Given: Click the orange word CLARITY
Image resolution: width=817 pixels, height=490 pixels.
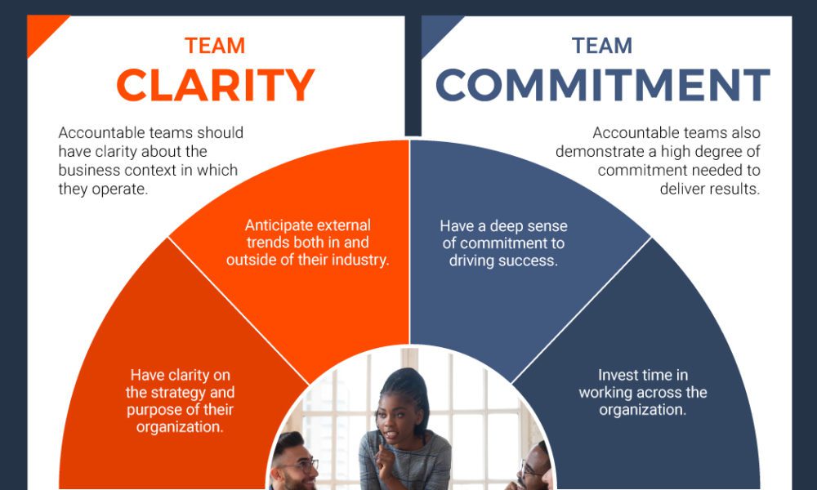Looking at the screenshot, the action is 215,85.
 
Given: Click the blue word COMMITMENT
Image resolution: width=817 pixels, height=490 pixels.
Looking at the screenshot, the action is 602,85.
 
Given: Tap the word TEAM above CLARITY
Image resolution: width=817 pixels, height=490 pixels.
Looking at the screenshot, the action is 215,46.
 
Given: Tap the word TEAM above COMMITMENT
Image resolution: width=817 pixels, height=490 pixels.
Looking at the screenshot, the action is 602,46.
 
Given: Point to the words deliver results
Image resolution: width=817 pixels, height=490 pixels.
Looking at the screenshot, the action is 710,189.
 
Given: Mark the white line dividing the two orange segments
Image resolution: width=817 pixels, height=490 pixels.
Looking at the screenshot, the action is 238,311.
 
